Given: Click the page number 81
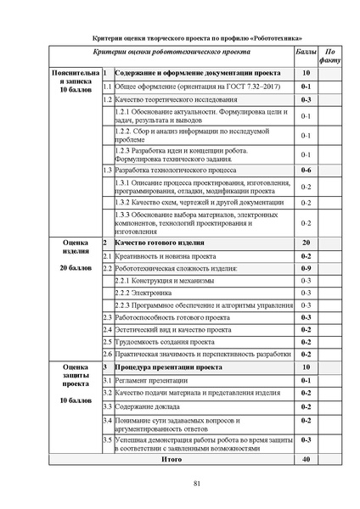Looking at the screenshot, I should pyautogui.click(x=195, y=484).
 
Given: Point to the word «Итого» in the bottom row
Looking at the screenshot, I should pyautogui.click(x=172, y=459).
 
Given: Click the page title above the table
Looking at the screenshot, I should pyautogui.click(x=195, y=37).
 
